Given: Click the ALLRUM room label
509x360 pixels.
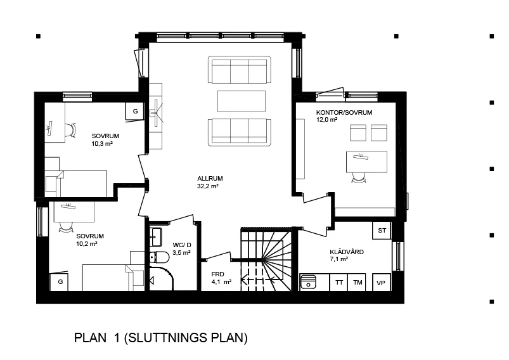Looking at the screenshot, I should tap(210, 178).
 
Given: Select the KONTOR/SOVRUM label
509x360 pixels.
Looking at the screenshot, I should tap(344, 112).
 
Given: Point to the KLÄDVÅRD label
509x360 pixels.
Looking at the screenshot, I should tap(347, 252).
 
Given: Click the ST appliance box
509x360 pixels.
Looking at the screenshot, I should tap(382, 230).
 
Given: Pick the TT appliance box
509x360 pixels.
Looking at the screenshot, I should tap(340, 282).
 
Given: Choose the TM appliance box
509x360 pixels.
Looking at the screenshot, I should tap(358, 282).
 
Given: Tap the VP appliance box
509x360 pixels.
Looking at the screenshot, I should tap(381, 283).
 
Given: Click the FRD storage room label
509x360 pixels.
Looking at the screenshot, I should tap(217, 274).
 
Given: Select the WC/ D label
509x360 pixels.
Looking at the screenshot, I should tap(183, 244).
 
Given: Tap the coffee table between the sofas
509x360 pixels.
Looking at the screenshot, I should tap(242, 100).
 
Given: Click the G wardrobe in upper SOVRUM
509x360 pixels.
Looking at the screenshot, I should tap(135, 112).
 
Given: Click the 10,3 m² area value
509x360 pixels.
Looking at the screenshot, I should tap(101, 144).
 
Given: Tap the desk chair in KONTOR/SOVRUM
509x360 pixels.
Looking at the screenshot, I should tap(359, 178).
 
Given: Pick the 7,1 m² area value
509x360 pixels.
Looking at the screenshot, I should tap(340, 259).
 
